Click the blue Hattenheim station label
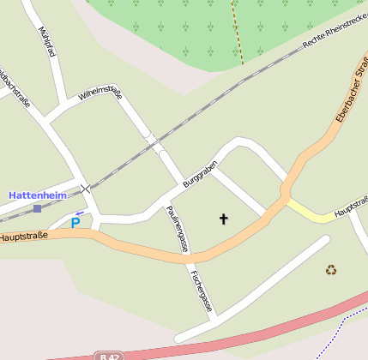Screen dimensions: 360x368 pyautogui.click(x=37, y=195)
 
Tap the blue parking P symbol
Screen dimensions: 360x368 pyautogui.click(x=75, y=223)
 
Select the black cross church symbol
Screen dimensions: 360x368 pyautogui.click(x=224, y=219)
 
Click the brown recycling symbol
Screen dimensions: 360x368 pyautogui.click(x=331, y=270)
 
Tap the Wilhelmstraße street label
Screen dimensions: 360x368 pyautogui.click(x=100, y=93)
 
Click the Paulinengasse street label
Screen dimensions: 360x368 pyautogui.click(x=177, y=227)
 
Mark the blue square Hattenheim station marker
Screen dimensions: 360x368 pyautogui.click(x=37, y=208)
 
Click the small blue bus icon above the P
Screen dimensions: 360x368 pyautogui.click(x=80, y=213)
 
